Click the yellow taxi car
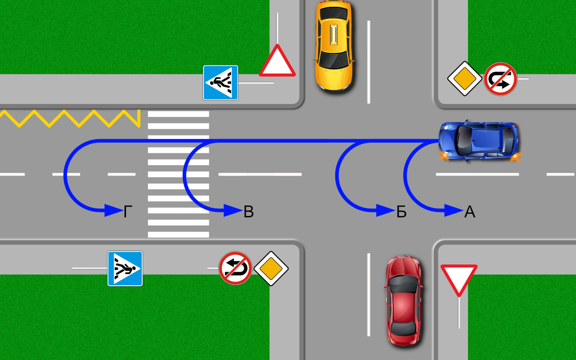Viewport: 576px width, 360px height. pos(333,45)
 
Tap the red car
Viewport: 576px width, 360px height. pos(404,300)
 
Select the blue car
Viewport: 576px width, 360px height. pos(479,140)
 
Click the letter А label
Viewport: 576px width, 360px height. pos(469,211)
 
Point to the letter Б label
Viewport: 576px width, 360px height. pos(401,211)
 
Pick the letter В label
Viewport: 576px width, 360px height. pos(248,211)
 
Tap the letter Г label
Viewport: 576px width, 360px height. pos(128,211)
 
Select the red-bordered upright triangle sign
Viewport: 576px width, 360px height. pos(277,62)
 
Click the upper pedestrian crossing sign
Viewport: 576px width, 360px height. pos(220,82)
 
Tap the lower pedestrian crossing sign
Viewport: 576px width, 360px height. pos(125,269)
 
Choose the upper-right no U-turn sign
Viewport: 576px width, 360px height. pos(500,79)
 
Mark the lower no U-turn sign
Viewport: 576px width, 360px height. pos(235,268)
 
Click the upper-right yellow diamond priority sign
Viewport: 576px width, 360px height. pos(465,79)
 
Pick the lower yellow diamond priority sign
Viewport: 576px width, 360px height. pos(271,268)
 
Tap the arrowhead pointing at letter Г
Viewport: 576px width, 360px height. pos(113,210)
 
